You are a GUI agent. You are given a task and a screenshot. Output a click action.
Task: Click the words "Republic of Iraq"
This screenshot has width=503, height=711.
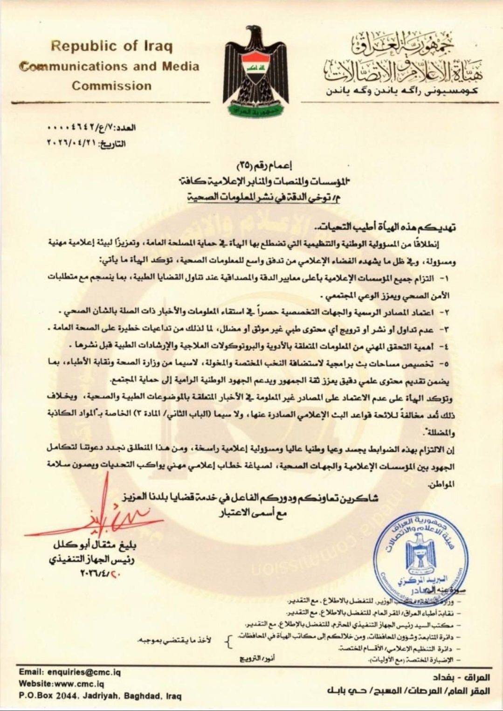111,46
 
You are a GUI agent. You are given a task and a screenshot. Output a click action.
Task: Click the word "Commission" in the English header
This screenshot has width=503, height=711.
111,86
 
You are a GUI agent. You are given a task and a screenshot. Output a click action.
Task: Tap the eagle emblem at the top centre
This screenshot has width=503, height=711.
255,70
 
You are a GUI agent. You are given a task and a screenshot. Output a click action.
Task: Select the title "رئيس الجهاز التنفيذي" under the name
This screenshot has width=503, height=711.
92,559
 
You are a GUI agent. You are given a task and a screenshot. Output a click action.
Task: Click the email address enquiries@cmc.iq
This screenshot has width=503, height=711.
84,672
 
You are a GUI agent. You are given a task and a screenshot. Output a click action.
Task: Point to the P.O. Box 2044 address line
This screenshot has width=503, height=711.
100,696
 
